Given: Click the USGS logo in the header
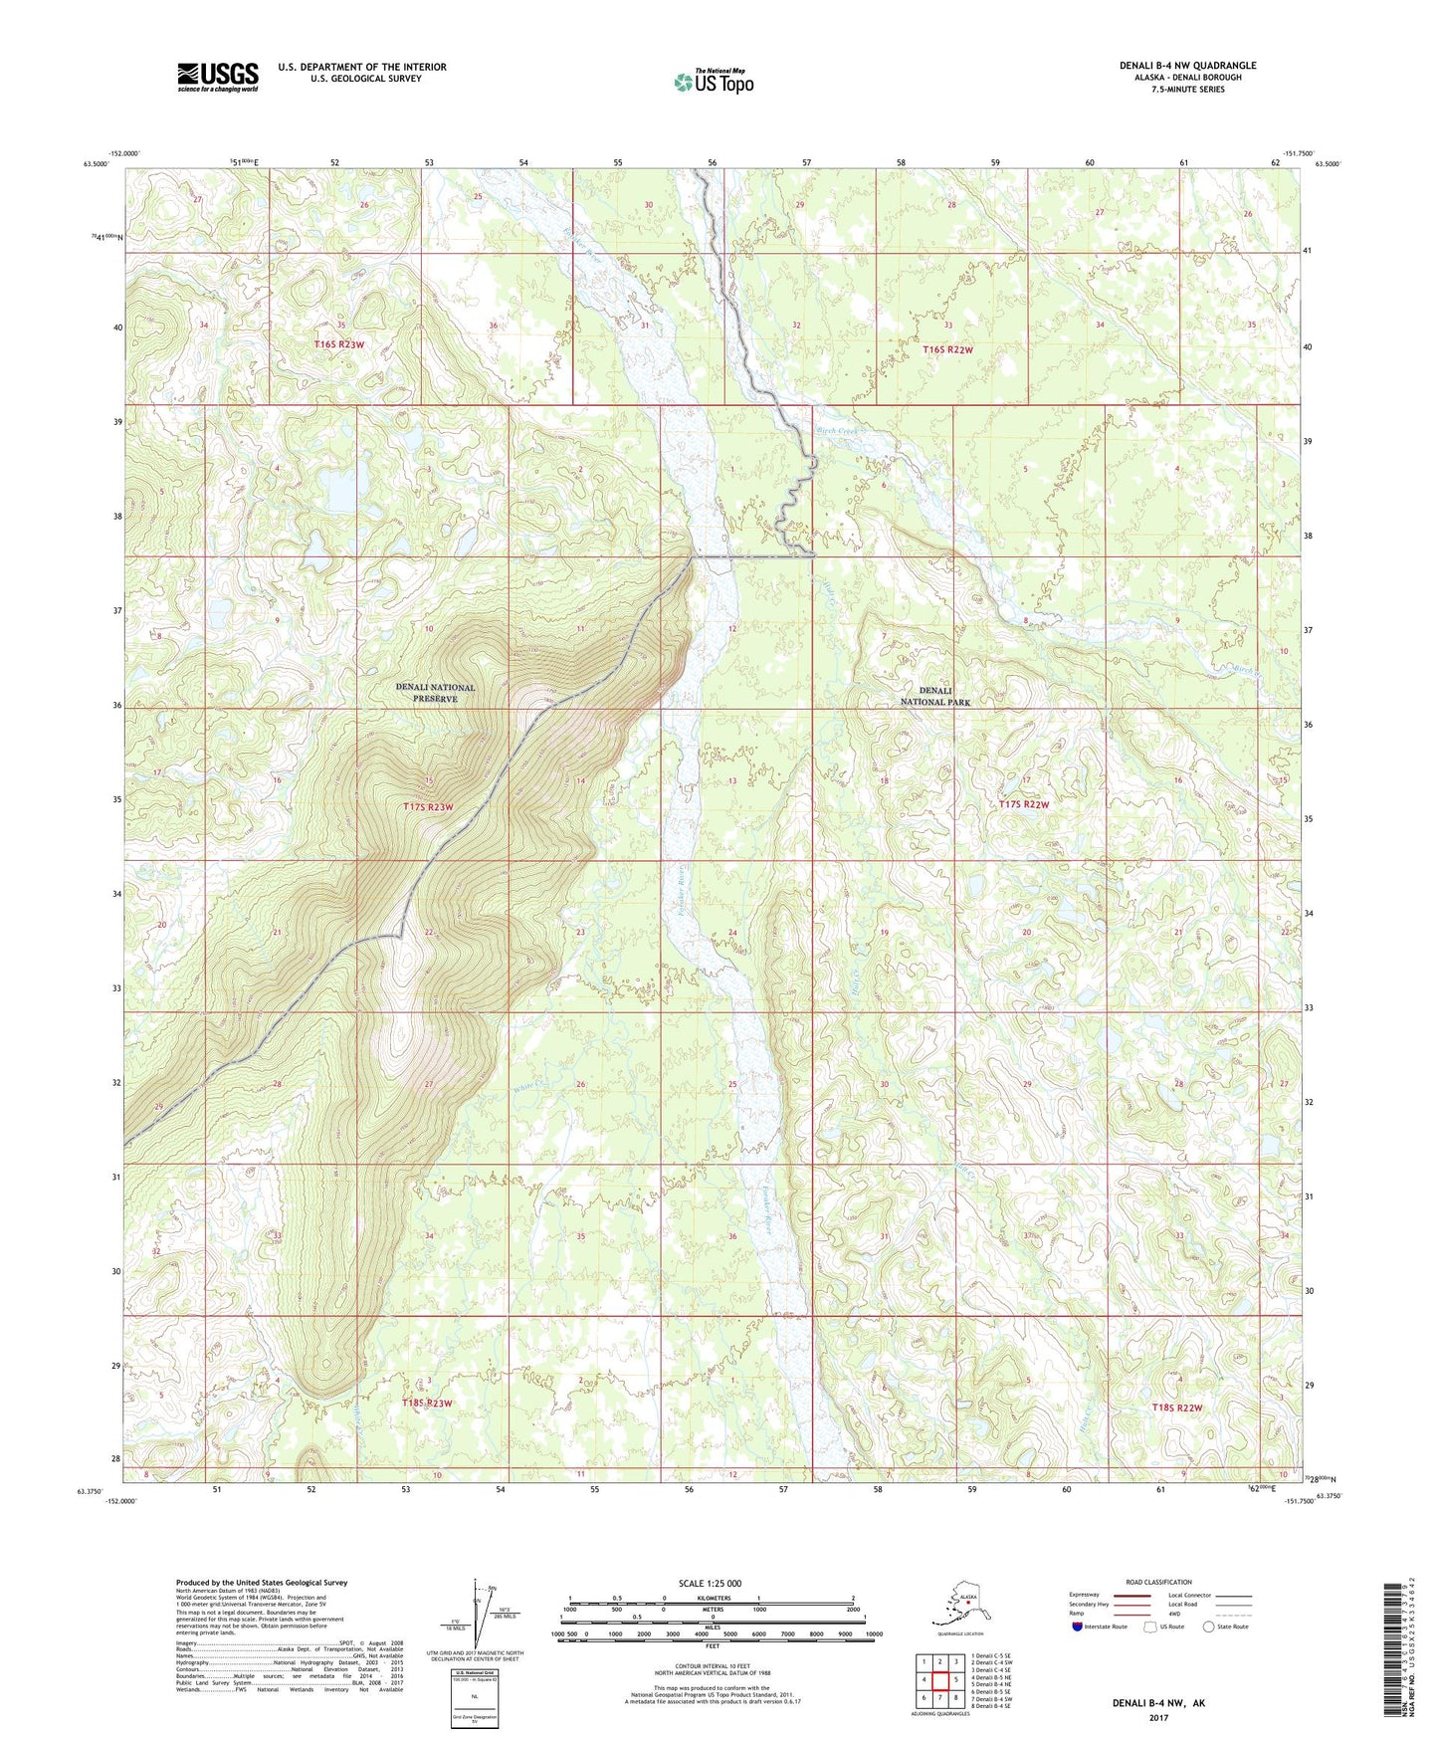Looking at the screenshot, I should (217, 77).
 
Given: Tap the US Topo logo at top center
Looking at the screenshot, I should (713, 82).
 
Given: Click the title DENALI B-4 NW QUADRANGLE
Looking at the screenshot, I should (1187, 66).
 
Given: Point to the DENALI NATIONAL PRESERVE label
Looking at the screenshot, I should (435, 693).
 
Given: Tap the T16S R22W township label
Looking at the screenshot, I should (947, 349).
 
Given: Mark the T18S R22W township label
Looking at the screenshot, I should (1170, 1408).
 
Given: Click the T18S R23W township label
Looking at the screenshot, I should (427, 1404).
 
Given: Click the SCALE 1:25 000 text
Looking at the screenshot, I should (711, 1583).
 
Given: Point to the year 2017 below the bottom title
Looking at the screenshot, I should (1157, 1717).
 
